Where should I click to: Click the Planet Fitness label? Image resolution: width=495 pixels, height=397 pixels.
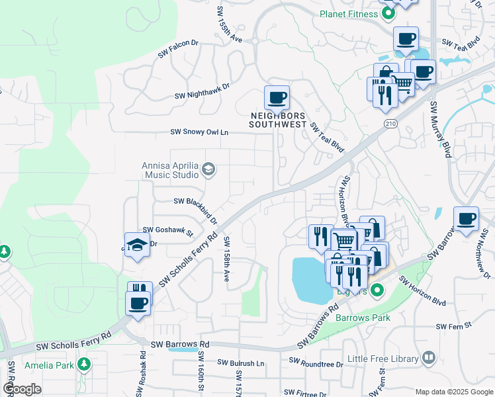(347, 13)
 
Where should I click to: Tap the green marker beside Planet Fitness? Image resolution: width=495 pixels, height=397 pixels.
(388, 13)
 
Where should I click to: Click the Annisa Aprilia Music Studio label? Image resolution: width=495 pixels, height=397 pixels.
(170, 171)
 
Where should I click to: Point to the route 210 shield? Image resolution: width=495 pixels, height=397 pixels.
(390, 124)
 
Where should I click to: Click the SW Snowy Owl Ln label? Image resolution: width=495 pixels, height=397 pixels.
(199, 132)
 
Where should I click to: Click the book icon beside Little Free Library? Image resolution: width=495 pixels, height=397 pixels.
(429, 358)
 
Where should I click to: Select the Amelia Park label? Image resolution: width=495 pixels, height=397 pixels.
(48, 365)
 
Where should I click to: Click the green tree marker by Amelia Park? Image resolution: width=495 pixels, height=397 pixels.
(84, 364)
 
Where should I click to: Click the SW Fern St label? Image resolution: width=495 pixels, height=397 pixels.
(453, 326)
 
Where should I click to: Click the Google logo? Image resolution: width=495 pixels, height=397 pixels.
(22, 389)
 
